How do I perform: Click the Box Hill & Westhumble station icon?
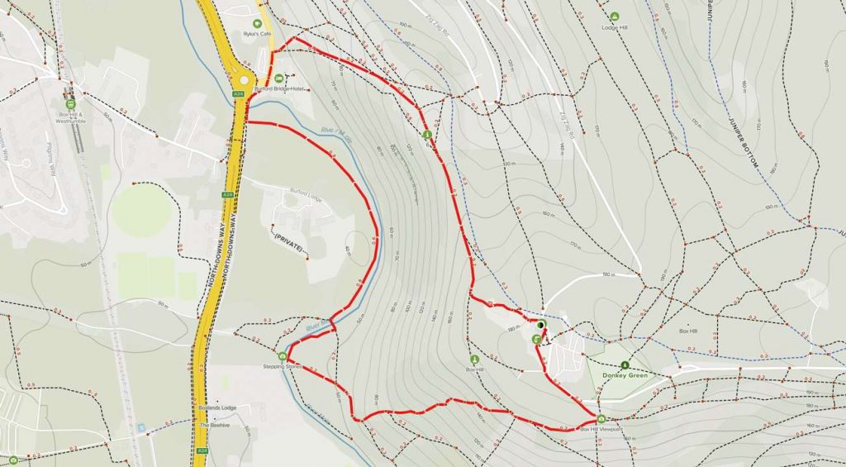coord(71,104)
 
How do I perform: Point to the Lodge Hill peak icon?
coord(614,17)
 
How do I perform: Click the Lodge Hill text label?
coord(614,27)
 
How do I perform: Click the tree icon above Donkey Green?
coord(625,364)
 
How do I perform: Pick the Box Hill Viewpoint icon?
coord(601,418)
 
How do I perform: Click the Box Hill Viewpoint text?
coord(600,429)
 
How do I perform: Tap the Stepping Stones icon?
coord(283,356)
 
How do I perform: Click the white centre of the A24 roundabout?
coord(243,80)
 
